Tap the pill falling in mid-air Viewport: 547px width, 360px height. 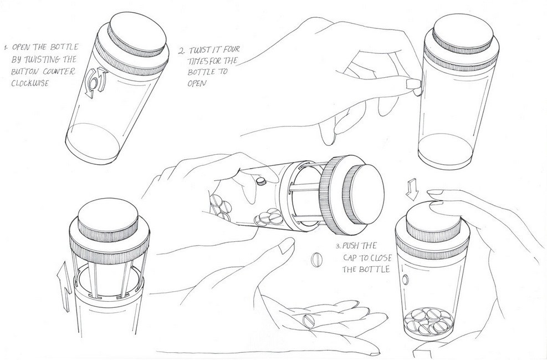[x=317, y=260]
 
